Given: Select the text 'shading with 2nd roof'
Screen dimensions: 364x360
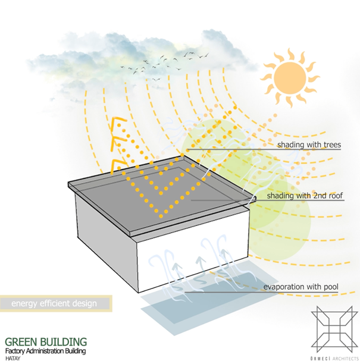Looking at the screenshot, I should pos(305,195).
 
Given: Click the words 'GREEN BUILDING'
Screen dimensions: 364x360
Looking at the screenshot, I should pos(46,343).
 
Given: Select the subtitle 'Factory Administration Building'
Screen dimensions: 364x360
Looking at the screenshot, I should pos(46,352).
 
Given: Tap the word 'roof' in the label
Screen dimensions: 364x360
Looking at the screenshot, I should pos(334,195).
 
